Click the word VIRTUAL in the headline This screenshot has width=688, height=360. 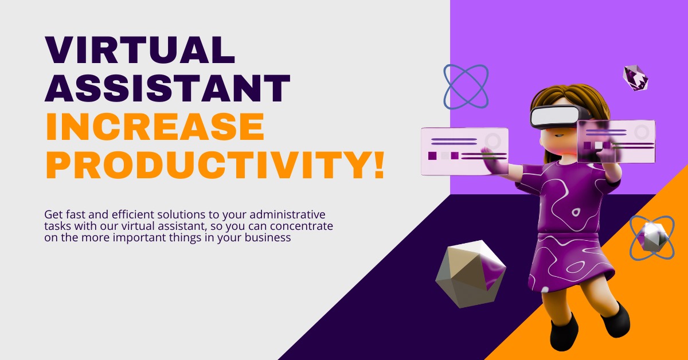[x=140, y=50]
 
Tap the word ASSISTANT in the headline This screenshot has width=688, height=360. [x=167, y=88]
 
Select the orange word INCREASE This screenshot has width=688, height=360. [x=155, y=127]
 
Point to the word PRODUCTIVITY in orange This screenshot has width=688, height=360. [x=209, y=165]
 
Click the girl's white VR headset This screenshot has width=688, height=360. [x=557, y=116]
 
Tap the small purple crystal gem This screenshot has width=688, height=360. [x=635, y=78]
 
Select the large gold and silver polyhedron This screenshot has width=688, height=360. [x=471, y=274]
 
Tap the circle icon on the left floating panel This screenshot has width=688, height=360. [x=492, y=140]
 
